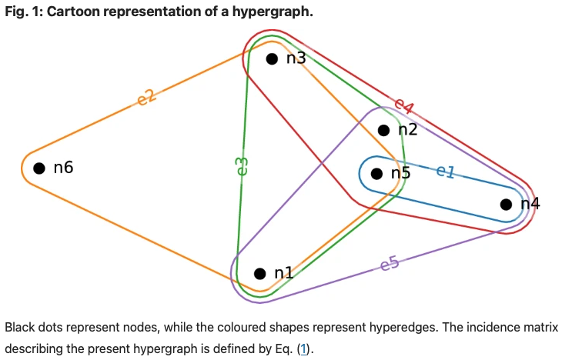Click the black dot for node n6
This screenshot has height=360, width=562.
[x=38, y=168]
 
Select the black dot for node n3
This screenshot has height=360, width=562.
[x=271, y=58]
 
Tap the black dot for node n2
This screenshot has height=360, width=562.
[x=383, y=130]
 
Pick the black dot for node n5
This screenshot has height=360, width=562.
[x=376, y=174]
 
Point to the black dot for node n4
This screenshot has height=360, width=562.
[x=506, y=205]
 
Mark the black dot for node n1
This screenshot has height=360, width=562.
[x=259, y=273]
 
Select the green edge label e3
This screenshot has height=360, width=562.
[x=240, y=165]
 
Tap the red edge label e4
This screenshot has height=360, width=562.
[x=404, y=105]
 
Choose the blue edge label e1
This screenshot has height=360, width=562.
[x=445, y=171]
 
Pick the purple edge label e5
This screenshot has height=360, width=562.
[x=390, y=265]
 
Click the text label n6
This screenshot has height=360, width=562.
[x=63, y=168]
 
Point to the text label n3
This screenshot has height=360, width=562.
[x=296, y=58]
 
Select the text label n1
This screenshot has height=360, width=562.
[x=284, y=272]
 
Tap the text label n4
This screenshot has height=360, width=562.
[x=530, y=204]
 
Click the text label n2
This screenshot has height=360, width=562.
[x=407, y=129]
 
